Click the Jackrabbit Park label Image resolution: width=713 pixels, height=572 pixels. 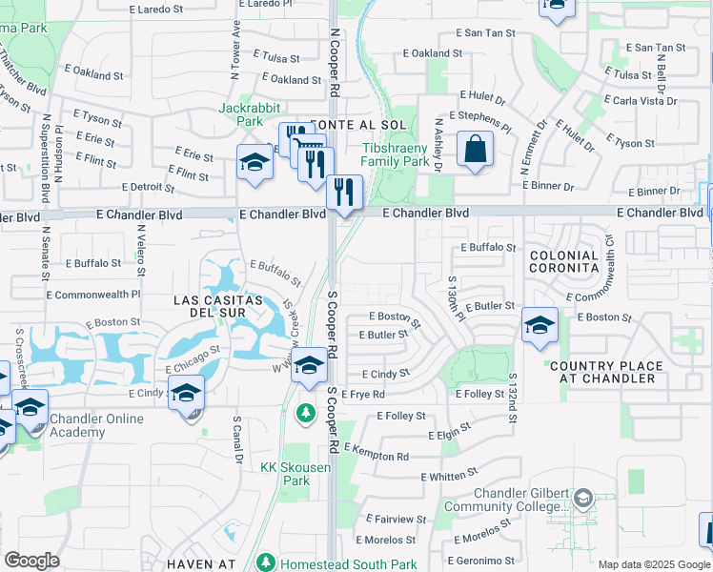(241, 114)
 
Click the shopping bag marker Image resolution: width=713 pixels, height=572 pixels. (474, 151)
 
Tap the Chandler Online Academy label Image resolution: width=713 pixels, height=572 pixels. (96, 426)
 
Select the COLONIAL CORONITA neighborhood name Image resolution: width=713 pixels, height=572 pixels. (563, 262)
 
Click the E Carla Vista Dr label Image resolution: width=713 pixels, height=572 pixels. (645, 100)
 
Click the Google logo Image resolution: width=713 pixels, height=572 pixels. (31, 561)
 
